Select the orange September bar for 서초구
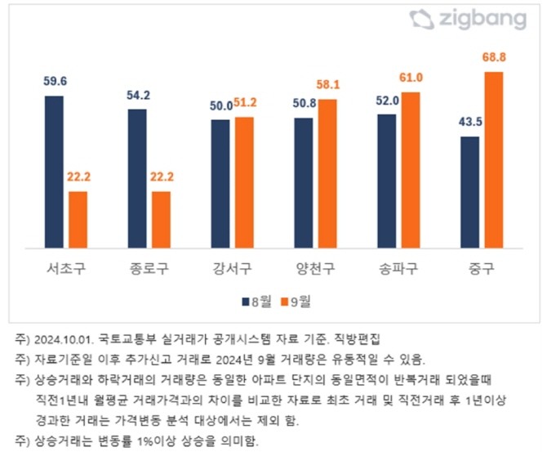point(78,219)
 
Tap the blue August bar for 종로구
point(137,178)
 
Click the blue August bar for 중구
point(470,192)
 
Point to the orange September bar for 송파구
point(411,169)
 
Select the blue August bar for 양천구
point(304,182)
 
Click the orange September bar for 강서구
point(244,181)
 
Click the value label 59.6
point(54,82)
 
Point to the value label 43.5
point(469,123)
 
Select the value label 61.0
point(411,78)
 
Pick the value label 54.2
point(137,95)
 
